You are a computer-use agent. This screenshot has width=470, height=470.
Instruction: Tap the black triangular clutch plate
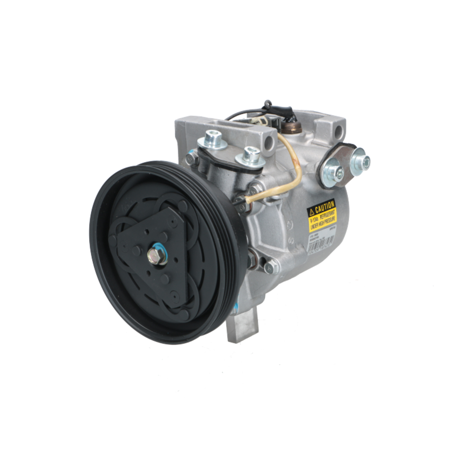click(x=141, y=235)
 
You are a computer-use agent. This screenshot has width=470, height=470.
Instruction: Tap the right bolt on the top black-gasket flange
click(x=251, y=155)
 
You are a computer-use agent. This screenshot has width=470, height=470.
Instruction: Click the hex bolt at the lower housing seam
click(x=270, y=267)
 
